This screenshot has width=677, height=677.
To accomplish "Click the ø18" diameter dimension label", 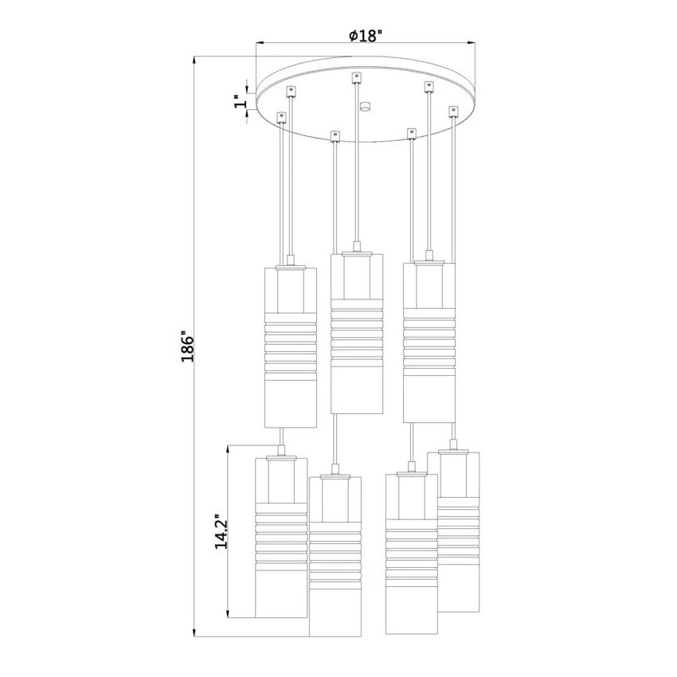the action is point(366,35).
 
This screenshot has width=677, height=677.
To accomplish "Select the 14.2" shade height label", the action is point(221,531).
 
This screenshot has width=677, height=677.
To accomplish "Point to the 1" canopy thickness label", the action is point(240,103).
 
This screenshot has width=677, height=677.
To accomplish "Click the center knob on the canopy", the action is point(366,106).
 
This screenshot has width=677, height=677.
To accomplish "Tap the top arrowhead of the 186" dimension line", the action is point(194,60).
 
